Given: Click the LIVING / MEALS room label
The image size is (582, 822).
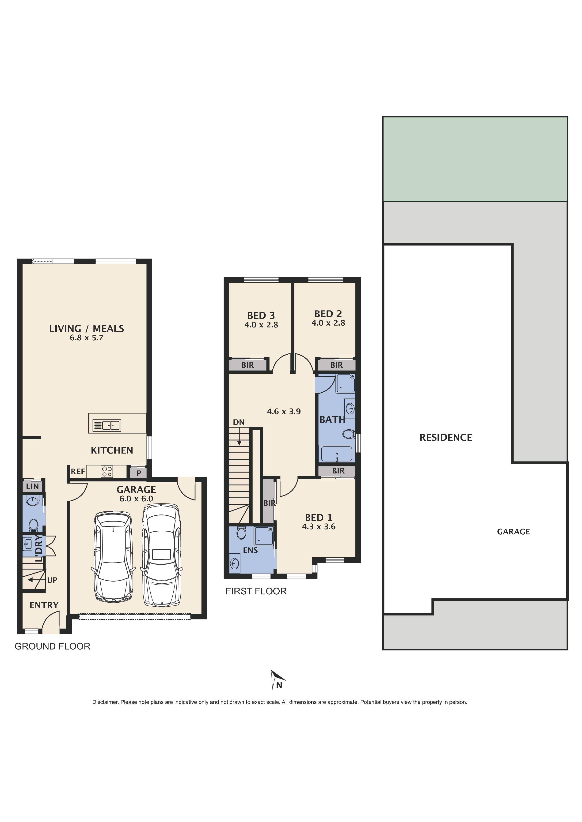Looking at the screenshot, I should [87, 328].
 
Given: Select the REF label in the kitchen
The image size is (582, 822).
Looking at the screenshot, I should [78, 472].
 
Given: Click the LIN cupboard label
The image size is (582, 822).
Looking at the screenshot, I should [32, 486].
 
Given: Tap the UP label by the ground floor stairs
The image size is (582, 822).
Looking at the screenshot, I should [52, 580].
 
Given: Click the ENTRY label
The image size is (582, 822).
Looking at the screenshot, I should [44, 605].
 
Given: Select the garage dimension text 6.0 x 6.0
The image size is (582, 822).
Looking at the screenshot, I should [136, 499].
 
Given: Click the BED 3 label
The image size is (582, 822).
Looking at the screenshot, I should [261, 315].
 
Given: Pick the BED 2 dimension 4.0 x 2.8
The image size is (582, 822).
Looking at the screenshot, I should [328, 323].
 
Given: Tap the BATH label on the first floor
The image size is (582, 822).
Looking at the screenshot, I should [332, 419].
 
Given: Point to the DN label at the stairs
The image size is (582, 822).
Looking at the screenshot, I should [239, 422].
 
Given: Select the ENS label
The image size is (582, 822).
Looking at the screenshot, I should [250, 550].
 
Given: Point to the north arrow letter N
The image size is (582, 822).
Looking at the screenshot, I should [279, 685].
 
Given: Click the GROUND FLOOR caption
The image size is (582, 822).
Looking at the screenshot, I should [52, 646].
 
